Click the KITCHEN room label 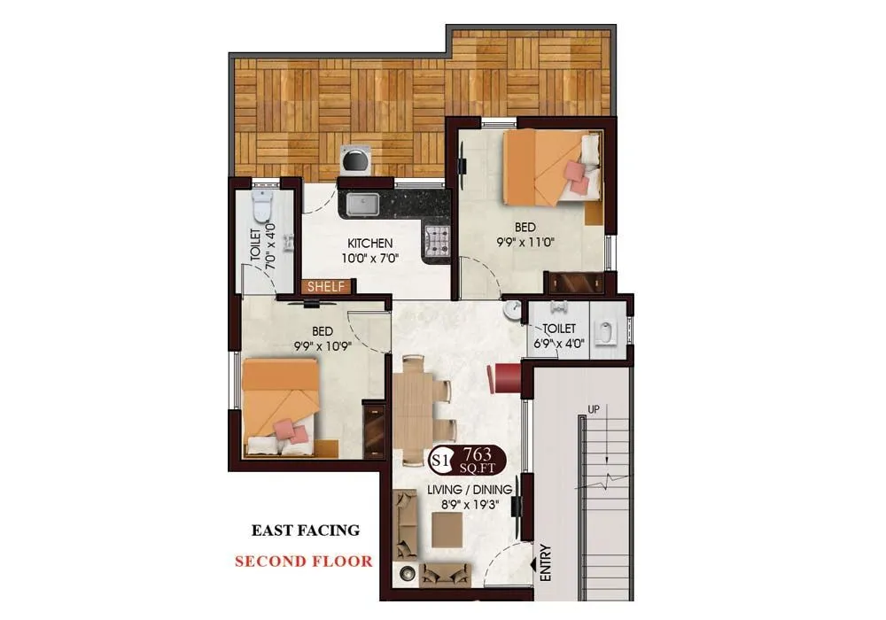(369, 244)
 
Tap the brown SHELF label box (328, 287)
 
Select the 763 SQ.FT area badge (479, 459)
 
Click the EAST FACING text (306, 531)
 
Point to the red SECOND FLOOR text (303, 561)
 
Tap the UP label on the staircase (593, 410)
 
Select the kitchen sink (363, 205)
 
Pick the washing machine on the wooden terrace (356, 161)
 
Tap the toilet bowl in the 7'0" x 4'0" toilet (260, 206)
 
